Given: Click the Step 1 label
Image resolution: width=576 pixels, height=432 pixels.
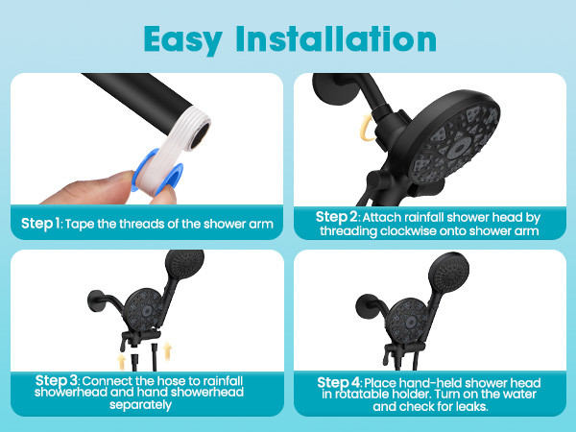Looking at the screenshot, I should (x=40, y=224).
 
